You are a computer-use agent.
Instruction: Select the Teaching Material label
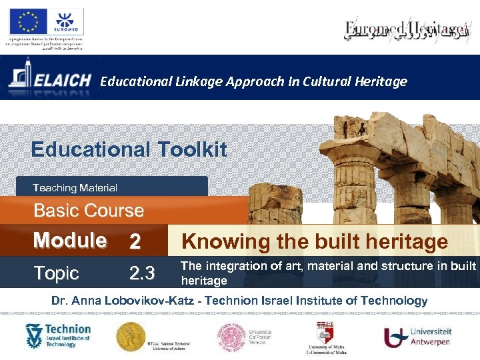(75, 188)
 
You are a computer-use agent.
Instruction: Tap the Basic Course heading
(89, 211)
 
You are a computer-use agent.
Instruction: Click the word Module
(70, 240)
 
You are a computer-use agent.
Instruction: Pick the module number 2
(135, 241)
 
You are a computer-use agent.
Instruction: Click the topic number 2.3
(141, 273)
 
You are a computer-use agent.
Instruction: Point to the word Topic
(57, 273)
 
